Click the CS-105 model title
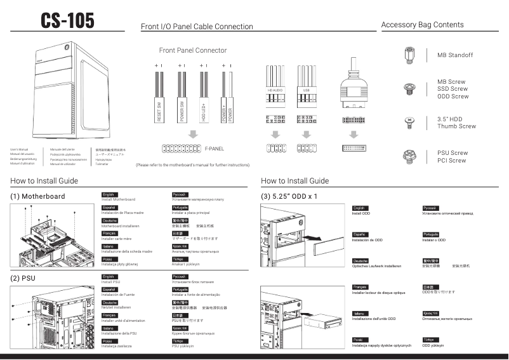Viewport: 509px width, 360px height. pyautogui.click(x=67, y=21)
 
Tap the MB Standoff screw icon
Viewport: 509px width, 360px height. pyautogui.click(x=409, y=55)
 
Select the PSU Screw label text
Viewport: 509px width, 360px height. pyautogui.click(x=453, y=153)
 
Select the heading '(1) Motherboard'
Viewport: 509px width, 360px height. pyautogui.click(x=37, y=196)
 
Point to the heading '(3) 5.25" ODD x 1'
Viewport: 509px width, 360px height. pyautogui.click(x=289, y=196)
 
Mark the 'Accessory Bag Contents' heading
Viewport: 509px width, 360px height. pyautogui.click(x=422, y=25)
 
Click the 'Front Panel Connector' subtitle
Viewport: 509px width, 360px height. pyautogui.click(x=192, y=50)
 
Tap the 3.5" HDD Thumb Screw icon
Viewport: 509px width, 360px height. pyautogui.click(x=409, y=123)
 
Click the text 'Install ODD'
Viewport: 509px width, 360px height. pyautogui.click(x=361, y=213)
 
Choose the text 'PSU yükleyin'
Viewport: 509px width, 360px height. pyautogui.click(x=182, y=347)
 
